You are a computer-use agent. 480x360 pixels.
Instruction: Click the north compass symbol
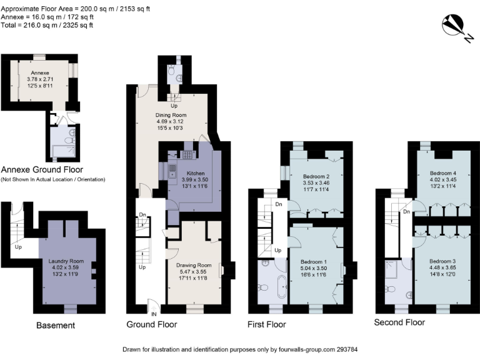(454, 26)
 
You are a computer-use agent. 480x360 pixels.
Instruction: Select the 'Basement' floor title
(56, 325)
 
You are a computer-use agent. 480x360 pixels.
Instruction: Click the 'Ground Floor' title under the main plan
(151, 324)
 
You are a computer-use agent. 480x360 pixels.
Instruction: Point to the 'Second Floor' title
(399, 322)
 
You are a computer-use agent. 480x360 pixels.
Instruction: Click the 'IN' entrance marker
(152, 313)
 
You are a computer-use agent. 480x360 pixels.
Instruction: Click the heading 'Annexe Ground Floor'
(42, 169)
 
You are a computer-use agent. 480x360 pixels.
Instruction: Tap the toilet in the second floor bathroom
(391, 289)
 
